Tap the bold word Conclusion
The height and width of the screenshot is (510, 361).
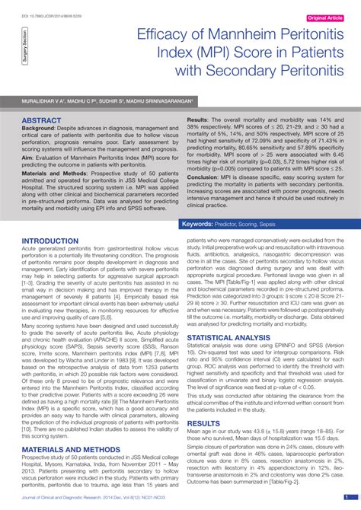[x=206, y=178]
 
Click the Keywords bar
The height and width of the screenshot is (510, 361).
[x=267, y=225]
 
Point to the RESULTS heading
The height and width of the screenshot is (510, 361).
[x=203, y=422]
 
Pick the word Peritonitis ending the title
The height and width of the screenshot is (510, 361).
[x=299, y=71]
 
